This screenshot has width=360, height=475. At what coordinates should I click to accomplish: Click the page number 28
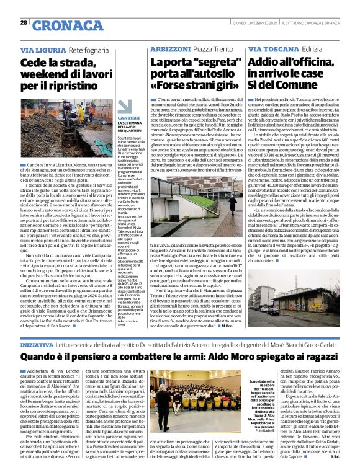23,23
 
